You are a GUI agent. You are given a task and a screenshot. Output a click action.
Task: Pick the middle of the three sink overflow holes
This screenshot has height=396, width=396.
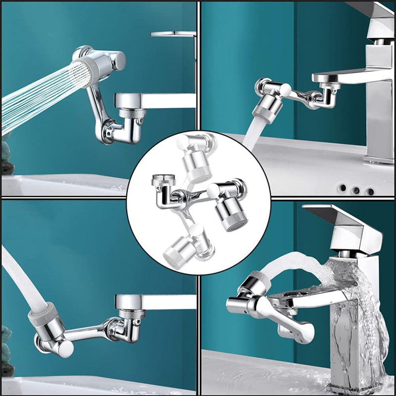[x=355, y=190]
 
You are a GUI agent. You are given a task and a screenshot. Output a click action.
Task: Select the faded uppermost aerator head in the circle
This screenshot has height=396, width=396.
[x=198, y=163]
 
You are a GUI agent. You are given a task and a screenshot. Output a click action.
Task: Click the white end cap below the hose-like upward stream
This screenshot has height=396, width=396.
[x=64, y=348]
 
